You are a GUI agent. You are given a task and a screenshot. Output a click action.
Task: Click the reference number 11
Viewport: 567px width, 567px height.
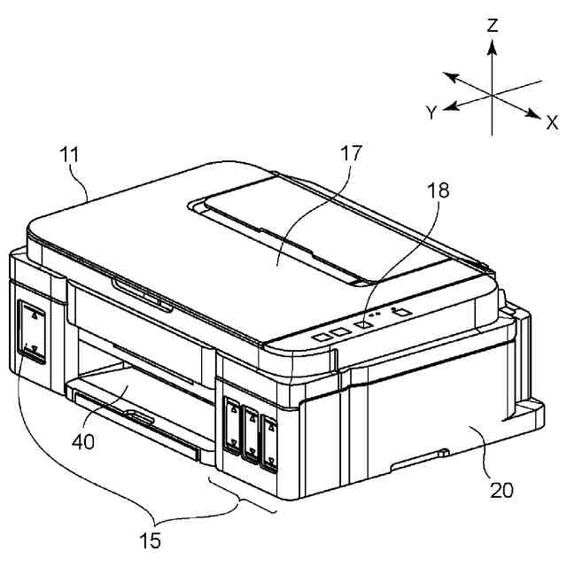[x=69, y=154]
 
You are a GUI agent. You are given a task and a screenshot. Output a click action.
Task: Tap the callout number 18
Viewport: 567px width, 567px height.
[x=437, y=190]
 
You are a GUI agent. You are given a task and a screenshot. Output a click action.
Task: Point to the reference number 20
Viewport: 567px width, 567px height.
[x=501, y=489]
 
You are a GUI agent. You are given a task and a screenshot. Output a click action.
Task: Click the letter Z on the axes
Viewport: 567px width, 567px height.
[x=493, y=25]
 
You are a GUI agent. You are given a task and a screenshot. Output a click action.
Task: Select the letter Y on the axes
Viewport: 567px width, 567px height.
[x=430, y=113]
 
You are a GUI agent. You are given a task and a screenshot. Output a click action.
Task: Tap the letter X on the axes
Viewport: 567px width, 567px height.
[x=552, y=121]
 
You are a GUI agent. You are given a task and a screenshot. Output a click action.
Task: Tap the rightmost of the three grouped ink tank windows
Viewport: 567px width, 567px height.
[x=268, y=438]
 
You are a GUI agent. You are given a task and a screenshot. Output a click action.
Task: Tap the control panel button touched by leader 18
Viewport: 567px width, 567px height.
[x=361, y=324]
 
